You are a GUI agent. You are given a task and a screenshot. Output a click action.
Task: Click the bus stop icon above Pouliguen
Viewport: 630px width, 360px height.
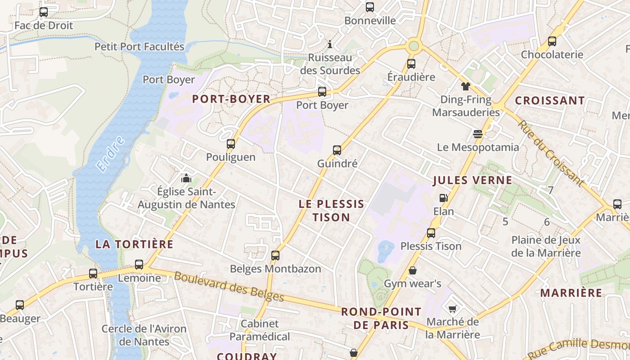point(231,144)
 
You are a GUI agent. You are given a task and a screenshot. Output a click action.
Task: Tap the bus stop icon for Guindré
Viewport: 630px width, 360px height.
point(337,150)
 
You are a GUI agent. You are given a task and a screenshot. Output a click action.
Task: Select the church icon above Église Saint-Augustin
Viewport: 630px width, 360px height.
point(186,178)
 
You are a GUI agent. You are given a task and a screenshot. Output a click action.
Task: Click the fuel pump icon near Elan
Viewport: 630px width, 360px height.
point(443,198)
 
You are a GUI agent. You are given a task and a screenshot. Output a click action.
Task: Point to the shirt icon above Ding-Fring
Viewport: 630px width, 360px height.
point(465,86)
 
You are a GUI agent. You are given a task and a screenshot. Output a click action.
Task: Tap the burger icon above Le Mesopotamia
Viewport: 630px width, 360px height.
point(477,134)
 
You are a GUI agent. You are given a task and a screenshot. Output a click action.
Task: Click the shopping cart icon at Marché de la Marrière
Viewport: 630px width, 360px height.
point(452,309)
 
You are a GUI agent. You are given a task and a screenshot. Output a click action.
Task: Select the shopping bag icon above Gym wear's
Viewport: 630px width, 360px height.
point(412,270)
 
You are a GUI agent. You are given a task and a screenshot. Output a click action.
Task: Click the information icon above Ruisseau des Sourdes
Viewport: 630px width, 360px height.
point(330,45)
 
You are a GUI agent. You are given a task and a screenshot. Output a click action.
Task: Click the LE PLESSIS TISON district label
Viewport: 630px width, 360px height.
point(332,211)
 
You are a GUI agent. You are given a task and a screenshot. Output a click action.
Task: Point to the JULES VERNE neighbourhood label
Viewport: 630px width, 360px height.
point(472,180)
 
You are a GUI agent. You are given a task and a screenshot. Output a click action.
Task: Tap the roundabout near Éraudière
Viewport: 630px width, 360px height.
point(414,45)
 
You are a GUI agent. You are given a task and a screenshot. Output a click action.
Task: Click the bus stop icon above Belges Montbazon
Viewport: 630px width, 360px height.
point(275,256)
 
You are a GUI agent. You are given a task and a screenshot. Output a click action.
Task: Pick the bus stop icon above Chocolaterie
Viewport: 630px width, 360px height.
point(552,41)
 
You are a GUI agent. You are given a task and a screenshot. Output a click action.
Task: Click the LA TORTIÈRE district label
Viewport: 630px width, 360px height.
point(134,244)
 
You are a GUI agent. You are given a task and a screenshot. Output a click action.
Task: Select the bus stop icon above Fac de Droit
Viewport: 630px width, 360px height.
point(44,12)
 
